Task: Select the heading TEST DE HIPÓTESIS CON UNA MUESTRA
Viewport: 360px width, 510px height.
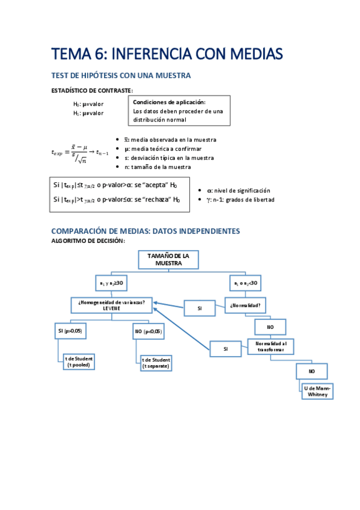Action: tap(122, 76)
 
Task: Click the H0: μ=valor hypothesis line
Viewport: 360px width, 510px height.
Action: tap(88, 103)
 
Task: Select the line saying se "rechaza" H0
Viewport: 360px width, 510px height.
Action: tap(117, 200)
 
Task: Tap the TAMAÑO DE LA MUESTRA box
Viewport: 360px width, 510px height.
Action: tap(168, 260)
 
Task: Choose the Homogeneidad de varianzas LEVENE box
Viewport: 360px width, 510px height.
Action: tap(111, 305)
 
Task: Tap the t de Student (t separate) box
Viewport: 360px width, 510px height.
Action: tap(156, 363)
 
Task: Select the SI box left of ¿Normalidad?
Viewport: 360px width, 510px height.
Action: tap(200, 309)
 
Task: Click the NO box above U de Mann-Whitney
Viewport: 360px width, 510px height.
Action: tap(311, 371)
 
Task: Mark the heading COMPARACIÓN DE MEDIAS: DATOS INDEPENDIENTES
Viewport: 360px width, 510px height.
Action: tap(145, 231)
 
